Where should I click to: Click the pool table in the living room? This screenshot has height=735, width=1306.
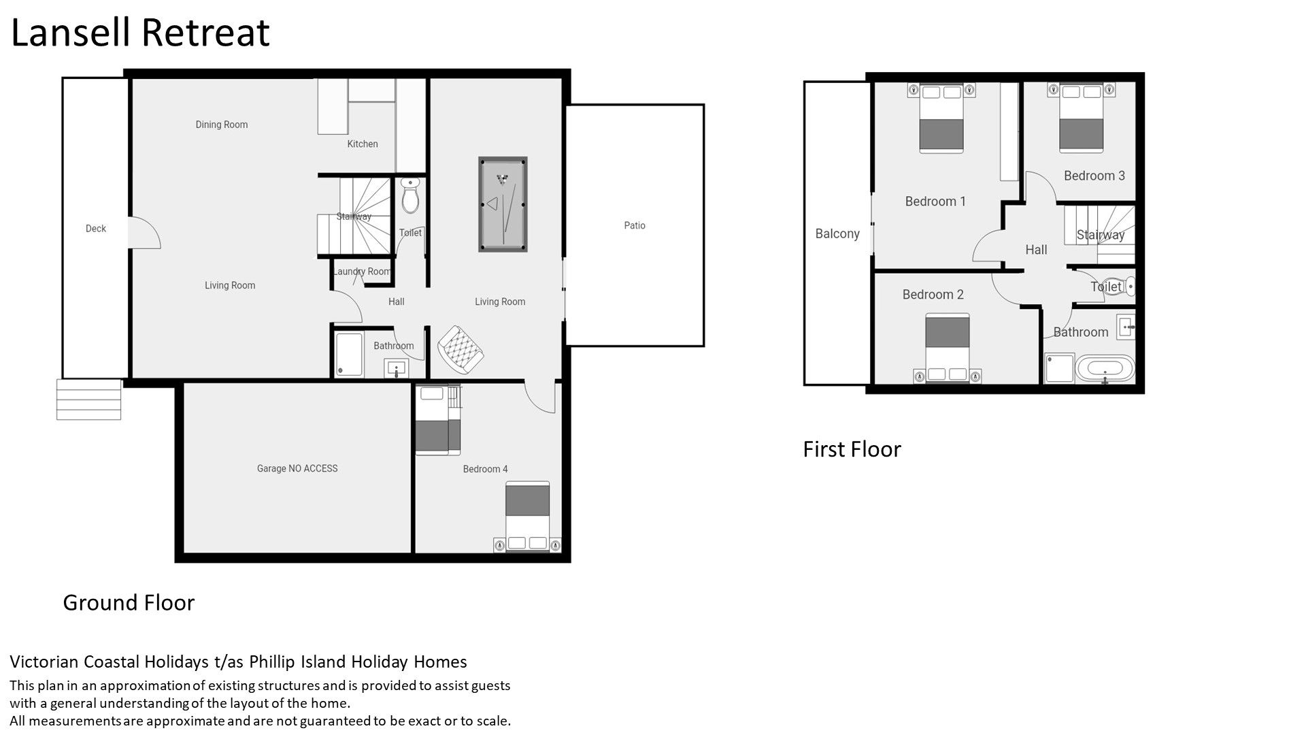point(503,204)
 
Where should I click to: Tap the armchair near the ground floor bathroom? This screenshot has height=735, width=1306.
point(461,349)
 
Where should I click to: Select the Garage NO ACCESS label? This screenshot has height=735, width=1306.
point(297,468)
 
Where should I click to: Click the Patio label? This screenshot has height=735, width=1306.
point(635,225)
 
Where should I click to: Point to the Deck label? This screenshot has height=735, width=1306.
point(96,229)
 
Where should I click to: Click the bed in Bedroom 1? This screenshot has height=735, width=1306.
point(941,118)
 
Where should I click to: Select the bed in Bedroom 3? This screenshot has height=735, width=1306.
point(1081,117)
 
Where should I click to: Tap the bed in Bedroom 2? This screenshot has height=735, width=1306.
point(947,348)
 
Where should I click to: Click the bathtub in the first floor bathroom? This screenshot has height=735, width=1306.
point(1105,370)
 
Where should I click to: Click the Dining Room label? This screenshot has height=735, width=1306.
point(222,125)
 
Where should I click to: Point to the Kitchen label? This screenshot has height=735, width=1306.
point(363,144)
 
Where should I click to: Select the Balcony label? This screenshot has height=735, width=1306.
point(837,233)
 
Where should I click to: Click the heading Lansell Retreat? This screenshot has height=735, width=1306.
point(140,32)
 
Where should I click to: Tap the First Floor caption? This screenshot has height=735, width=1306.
point(852,449)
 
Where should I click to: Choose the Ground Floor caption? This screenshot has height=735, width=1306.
point(129,602)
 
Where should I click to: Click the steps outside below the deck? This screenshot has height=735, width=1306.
point(88,399)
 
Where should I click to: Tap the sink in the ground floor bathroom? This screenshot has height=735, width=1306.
point(397,368)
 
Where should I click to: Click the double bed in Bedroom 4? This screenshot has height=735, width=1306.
point(528,517)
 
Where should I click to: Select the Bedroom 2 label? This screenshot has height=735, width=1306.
point(933,295)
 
